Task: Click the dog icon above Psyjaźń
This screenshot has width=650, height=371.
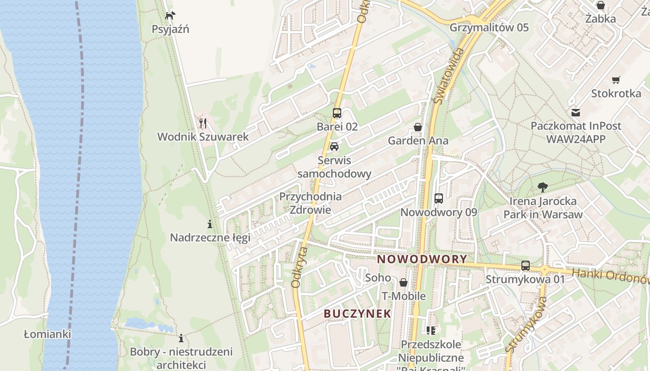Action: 170,16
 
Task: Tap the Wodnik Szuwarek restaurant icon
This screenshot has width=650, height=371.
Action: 203,123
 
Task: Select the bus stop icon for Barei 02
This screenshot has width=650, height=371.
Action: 337,113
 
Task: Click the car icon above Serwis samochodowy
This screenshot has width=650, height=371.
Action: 334,147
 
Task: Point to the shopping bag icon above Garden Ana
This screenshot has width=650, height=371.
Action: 418,127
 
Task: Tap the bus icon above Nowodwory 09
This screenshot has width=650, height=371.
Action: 439,198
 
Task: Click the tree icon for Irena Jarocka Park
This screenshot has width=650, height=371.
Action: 542,187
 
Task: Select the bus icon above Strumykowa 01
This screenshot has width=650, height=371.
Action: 526,266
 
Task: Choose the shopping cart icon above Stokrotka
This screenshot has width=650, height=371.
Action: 616,80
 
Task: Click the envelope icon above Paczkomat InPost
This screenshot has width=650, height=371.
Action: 576,112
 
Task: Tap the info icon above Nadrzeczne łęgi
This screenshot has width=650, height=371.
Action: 210,224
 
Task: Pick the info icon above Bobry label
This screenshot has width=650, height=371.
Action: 181,338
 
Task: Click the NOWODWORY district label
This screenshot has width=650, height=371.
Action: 422,259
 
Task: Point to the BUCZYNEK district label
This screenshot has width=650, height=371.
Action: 357,313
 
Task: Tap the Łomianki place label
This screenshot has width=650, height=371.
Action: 47,334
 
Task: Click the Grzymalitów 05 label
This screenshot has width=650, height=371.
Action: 489,27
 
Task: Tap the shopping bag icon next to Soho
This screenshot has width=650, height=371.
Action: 403,282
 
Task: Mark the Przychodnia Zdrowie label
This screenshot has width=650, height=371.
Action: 310,203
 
